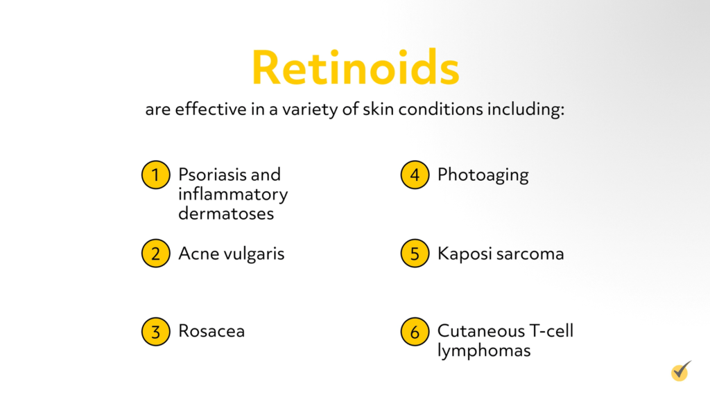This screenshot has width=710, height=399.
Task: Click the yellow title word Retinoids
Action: coord(355,68)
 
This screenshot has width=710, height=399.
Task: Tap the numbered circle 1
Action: coord(155,175)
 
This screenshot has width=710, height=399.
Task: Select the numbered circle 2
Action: coord(155,254)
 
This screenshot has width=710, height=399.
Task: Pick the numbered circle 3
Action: coord(155,332)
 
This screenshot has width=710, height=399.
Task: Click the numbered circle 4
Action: coord(415,175)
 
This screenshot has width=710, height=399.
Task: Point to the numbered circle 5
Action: coord(415,254)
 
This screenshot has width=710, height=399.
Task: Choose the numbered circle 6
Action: coord(415,332)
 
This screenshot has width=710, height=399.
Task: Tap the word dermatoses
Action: coord(226,213)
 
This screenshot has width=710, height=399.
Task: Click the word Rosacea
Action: coord(211,331)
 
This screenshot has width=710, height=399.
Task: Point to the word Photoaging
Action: coord(483,175)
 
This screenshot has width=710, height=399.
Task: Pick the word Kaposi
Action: coord(460,254)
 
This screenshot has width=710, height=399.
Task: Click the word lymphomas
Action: coord(484,351)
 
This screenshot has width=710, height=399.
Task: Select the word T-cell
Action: coord(548,331)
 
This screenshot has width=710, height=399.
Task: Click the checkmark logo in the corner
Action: coord(681,371)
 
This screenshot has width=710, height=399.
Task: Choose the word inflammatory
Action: coord(233,194)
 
